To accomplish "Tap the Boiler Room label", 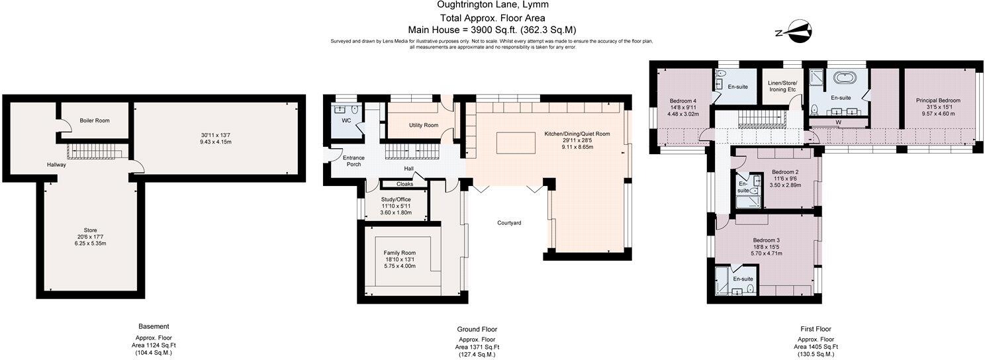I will (x=95, y=120).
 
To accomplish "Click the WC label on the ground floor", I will (x=346, y=121).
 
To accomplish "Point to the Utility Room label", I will (x=424, y=125).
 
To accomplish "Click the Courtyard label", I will (x=509, y=223).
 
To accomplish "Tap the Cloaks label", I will (x=404, y=184).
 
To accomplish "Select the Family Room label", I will (x=400, y=253).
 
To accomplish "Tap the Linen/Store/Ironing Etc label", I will (x=782, y=86).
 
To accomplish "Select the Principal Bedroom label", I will (x=938, y=101).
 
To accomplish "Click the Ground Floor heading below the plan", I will (x=477, y=329).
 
